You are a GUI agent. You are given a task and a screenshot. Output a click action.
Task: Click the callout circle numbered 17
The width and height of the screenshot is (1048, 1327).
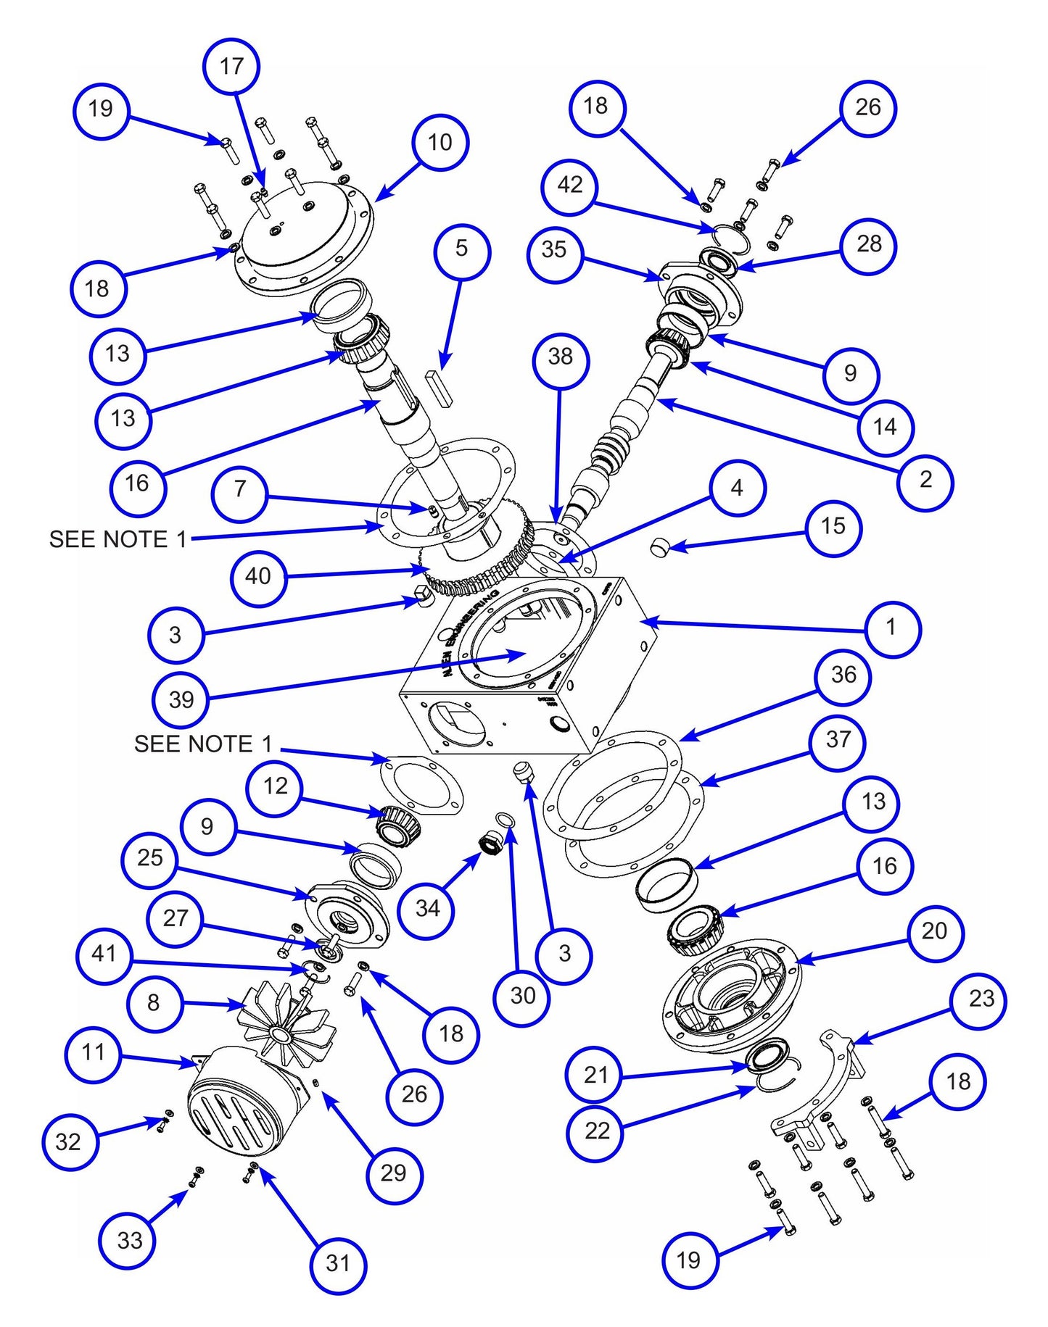point(231,67)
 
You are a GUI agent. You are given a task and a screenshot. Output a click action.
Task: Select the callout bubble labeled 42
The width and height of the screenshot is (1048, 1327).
point(569,186)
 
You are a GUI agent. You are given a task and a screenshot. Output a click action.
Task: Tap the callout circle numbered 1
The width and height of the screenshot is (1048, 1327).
point(891,628)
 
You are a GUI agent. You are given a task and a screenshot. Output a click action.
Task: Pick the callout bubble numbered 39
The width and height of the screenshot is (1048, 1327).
point(181,699)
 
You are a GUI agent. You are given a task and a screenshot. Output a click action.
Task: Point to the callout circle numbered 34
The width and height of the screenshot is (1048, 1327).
point(427,909)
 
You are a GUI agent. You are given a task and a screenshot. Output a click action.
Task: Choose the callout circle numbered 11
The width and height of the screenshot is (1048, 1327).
point(93,1052)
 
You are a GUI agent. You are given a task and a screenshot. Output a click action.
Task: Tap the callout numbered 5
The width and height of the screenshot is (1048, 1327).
point(462,249)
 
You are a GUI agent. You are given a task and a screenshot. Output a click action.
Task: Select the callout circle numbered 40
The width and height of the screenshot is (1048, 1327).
point(258,577)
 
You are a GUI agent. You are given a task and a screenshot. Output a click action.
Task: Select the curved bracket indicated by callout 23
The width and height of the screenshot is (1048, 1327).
point(820,1087)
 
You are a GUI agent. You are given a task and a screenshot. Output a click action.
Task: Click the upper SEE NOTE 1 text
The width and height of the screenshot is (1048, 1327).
point(117,540)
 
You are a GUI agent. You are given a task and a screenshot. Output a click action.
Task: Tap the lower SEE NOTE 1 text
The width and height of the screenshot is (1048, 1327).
point(203,744)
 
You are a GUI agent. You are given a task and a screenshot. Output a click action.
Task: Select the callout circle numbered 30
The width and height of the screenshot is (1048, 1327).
point(522,996)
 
